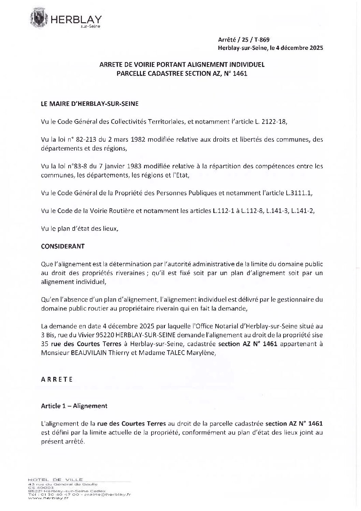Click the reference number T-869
262,40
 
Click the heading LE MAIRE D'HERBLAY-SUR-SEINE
90,104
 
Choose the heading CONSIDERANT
63,246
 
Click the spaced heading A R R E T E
57,379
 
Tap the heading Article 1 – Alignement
74,406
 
